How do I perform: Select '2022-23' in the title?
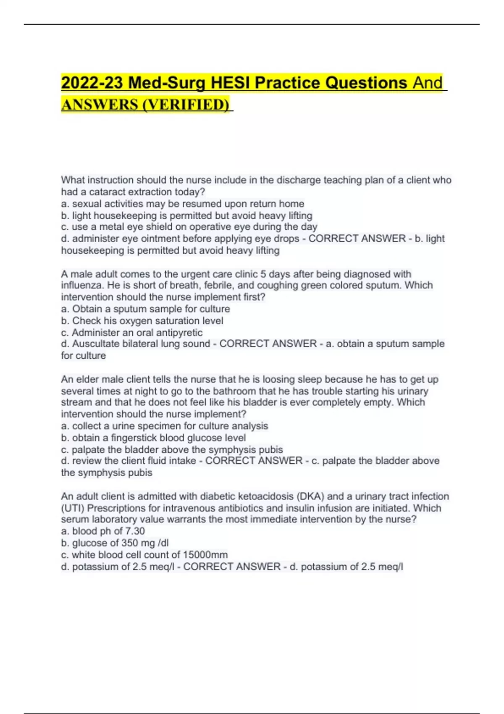point(92,83)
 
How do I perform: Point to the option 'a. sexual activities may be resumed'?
point(183,204)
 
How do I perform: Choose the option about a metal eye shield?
point(189,227)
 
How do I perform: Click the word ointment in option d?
point(142,239)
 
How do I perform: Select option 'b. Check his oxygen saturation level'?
point(142,321)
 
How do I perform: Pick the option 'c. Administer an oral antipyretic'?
point(132,333)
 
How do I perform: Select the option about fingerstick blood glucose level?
point(153,438)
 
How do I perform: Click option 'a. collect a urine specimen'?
point(164,426)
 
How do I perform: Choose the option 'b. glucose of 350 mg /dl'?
point(115,543)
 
